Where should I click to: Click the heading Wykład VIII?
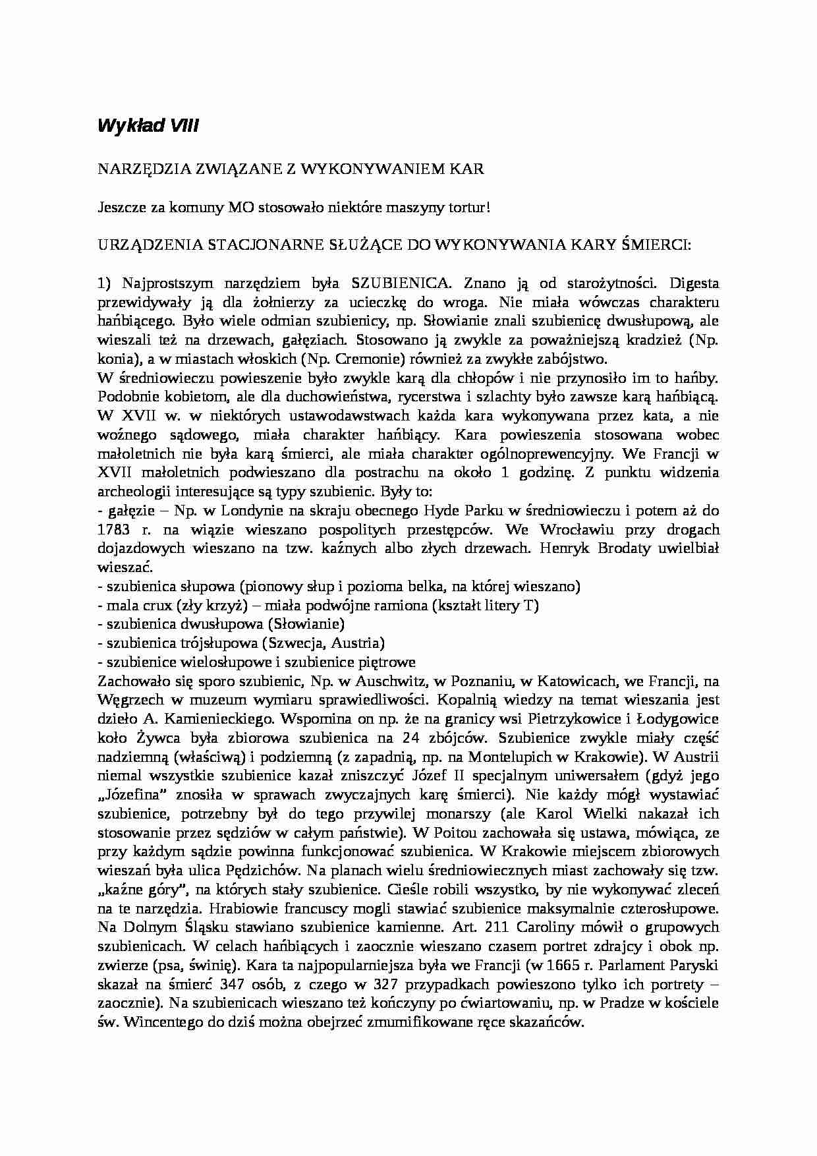[x=148, y=126]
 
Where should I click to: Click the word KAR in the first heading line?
[x=469, y=169]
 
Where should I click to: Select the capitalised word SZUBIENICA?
[x=401, y=283]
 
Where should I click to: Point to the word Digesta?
[x=694, y=283]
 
